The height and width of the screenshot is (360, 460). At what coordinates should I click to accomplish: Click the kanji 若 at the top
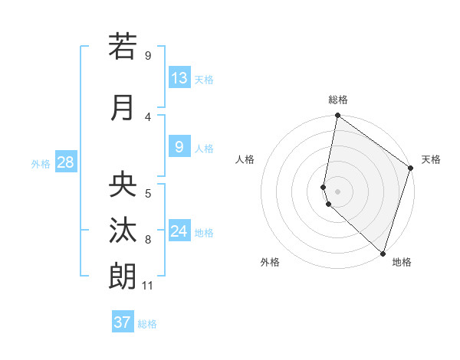click(x=123, y=47)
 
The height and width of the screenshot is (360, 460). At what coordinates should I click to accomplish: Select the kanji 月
click(x=123, y=107)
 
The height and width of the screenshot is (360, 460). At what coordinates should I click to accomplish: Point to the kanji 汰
click(x=123, y=231)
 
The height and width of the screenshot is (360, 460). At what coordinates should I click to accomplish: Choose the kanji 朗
click(x=123, y=276)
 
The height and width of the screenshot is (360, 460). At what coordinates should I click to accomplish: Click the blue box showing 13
click(x=179, y=78)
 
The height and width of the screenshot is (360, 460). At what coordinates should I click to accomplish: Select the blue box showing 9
click(x=179, y=147)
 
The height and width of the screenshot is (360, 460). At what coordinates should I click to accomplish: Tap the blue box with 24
click(x=179, y=231)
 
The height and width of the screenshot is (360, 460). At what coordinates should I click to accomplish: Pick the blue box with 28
click(x=65, y=162)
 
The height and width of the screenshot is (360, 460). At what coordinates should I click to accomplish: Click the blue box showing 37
click(x=123, y=322)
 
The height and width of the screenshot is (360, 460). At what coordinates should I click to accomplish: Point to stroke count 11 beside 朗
click(x=148, y=286)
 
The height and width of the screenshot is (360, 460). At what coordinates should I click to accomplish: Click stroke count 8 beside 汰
click(x=148, y=240)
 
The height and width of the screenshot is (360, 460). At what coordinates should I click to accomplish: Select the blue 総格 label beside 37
click(x=147, y=324)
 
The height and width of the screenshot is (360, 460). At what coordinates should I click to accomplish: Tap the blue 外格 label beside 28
click(x=41, y=163)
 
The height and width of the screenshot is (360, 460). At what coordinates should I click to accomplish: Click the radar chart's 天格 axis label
click(x=431, y=159)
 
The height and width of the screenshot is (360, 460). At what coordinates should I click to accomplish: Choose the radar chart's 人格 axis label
click(x=245, y=159)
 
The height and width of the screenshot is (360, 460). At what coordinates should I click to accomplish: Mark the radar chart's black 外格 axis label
click(x=270, y=262)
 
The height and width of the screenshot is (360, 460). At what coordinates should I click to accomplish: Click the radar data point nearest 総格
click(x=337, y=116)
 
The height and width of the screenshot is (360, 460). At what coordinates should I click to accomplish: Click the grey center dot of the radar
click(x=337, y=191)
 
